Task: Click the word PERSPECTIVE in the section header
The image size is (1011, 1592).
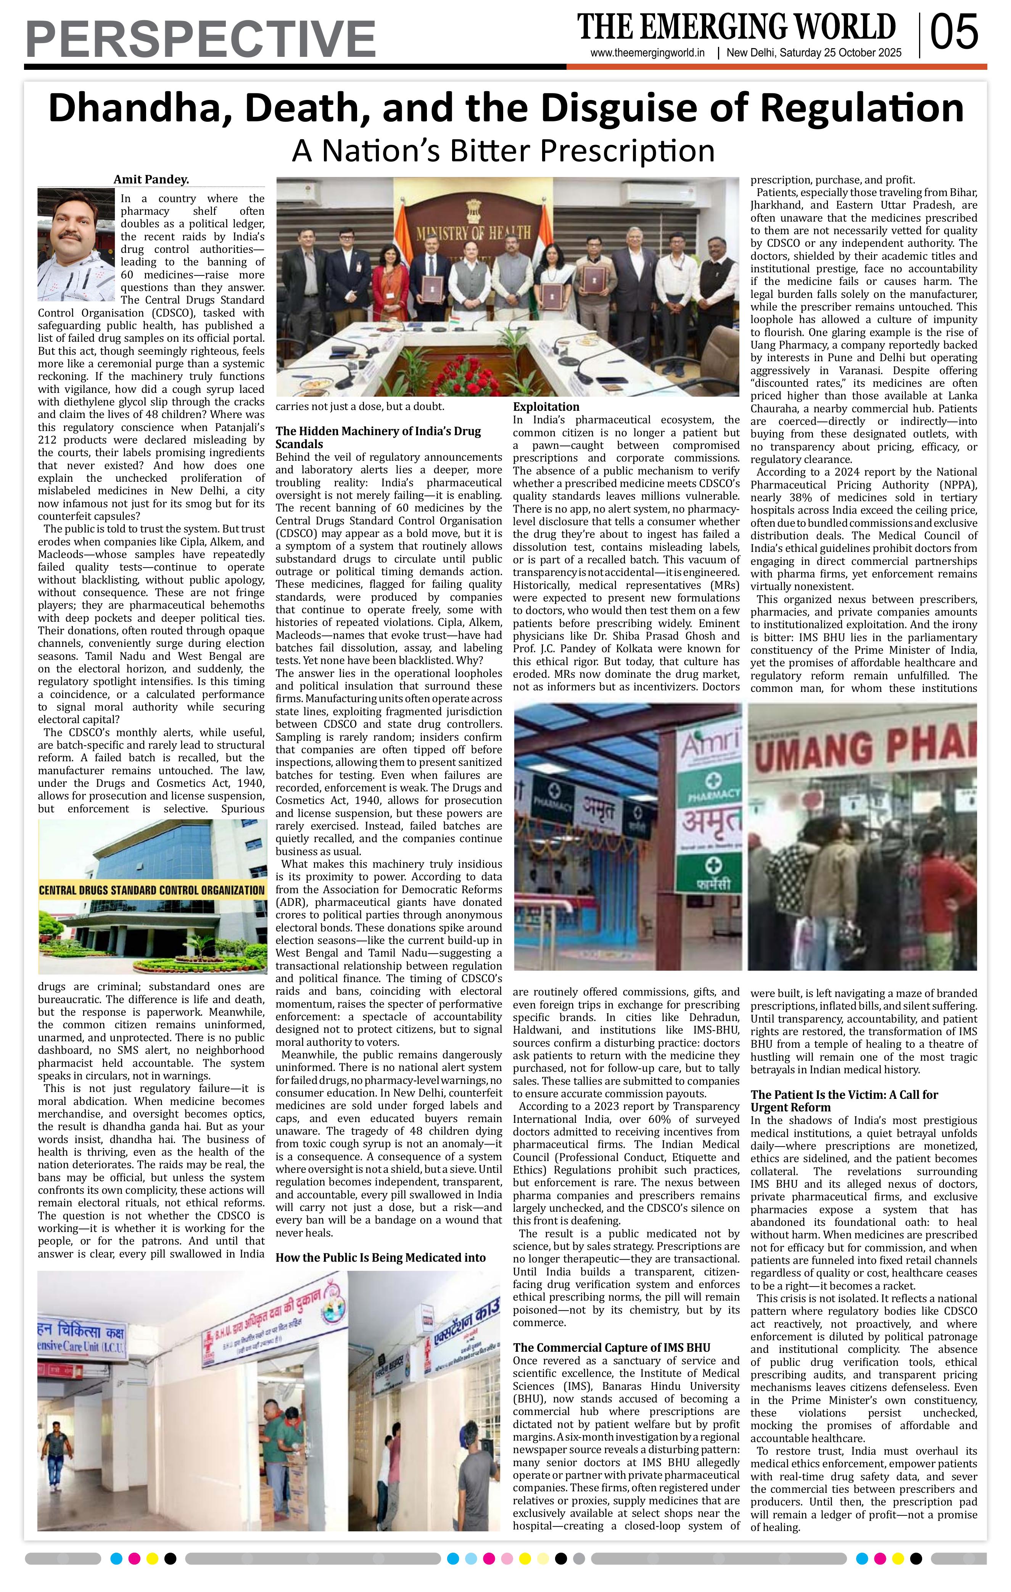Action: click(200, 40)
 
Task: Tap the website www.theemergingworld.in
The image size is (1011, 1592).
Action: click(647, 53)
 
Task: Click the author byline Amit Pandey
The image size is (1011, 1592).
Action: click(151, 179)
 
